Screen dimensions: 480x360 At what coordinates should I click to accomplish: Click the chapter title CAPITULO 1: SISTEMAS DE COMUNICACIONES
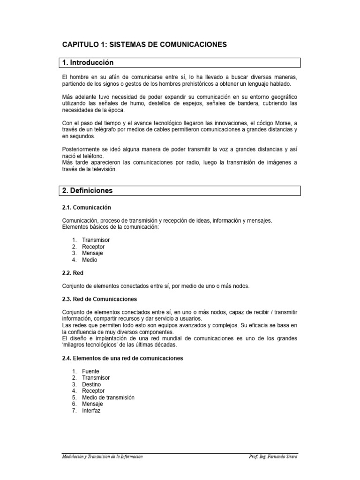tap(144, 45)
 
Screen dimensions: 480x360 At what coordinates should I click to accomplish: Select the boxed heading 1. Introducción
tap(88, 62)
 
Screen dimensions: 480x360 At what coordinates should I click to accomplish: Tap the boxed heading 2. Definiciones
tap(87, 190)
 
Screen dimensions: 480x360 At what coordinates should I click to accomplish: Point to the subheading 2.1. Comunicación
tap(86, 207)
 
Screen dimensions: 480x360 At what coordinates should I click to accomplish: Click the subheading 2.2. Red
tap(73, 272)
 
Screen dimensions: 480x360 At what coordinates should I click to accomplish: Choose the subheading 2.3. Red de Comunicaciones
tap(99, 299)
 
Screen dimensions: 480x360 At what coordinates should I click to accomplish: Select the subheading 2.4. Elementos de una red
tap(122, 358)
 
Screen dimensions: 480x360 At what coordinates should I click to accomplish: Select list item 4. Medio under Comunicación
tap(90, 260)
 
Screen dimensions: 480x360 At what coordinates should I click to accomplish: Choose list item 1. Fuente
tap(90, 371)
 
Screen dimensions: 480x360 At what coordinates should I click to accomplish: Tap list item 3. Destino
tap(91, 384)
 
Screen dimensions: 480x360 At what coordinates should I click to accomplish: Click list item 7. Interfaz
tap(91, 411)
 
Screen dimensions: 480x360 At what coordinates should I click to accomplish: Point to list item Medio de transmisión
tap(108, 397)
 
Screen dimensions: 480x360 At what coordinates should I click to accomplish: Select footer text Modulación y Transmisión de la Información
tap(102, 457)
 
